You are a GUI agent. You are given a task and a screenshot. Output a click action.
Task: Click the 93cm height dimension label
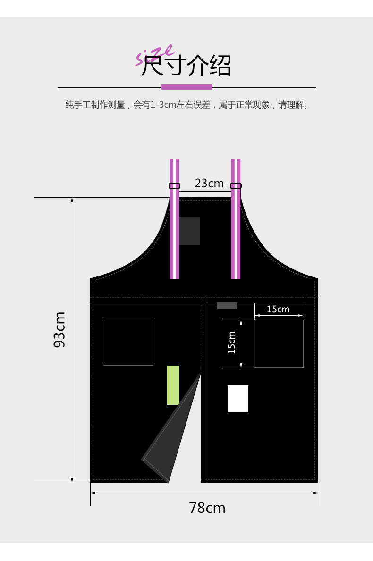click(59, 329)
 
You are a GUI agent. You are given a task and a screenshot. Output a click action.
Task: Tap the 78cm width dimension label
click(207, 508)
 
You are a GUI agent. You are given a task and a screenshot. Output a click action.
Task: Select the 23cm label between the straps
click(209, 183)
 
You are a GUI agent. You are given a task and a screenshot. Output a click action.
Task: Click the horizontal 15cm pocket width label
click(278, 310)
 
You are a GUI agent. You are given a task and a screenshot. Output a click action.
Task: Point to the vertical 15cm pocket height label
click(231, 343)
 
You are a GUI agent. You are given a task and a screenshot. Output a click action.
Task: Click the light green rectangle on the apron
click(173, 385)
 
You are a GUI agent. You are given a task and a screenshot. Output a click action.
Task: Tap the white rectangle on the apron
click(238, 399)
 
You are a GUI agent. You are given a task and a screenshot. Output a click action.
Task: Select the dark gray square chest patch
click(189, 231)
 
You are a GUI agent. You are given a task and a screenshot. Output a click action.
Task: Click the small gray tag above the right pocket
click(227, 306)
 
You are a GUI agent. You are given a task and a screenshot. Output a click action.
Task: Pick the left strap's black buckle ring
click(174, 186)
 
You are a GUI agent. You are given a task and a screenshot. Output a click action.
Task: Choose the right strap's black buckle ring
click(236, 186)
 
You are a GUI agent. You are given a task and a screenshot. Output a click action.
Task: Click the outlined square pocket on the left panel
click(128, 342)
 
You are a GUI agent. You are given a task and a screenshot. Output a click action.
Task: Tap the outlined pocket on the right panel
click(279, 343)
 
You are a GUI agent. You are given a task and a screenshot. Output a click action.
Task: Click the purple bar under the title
click(186, 87)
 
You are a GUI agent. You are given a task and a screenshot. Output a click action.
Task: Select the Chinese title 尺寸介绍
click(186, 66)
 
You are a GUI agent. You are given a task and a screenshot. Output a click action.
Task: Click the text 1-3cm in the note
click(161, 105)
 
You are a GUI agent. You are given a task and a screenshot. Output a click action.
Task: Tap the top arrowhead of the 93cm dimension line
click(72, 200)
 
